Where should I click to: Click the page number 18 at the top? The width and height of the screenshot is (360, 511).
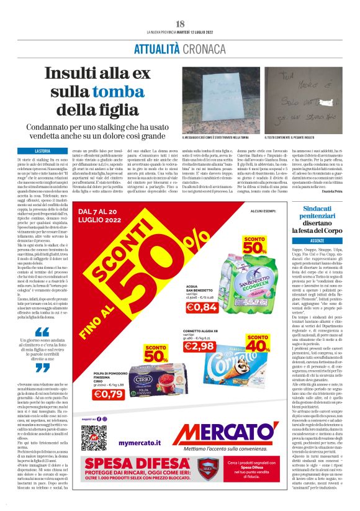point(180,24)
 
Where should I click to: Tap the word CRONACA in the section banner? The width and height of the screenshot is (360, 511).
point(203,48)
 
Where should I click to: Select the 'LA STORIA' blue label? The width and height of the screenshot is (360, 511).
point(43,151)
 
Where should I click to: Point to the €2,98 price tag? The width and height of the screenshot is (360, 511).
point(199,346)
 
